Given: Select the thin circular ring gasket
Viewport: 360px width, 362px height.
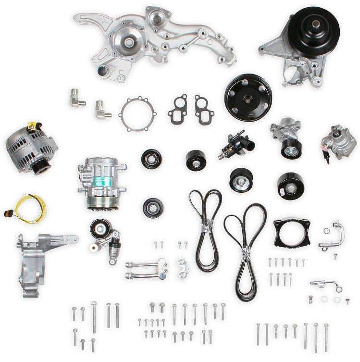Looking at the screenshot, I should click(138, 114).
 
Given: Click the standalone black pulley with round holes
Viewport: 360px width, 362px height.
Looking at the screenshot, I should click(248, 97).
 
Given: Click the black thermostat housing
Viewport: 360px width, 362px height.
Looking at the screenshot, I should click(236, 143).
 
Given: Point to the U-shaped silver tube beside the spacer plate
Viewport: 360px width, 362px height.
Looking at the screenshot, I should click(332, 235).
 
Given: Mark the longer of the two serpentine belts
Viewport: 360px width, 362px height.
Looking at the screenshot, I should click(245, 250).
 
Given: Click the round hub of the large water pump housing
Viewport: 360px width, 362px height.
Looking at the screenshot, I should click(129, 41).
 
